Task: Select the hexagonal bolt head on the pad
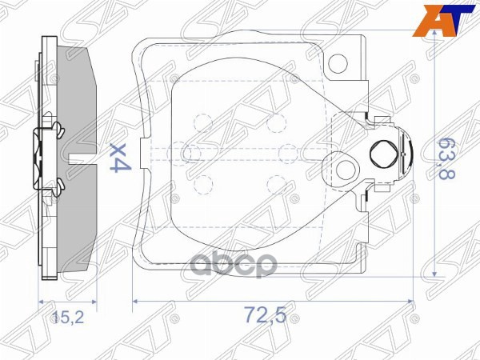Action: pos(382,152)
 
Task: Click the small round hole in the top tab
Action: pos(338,61)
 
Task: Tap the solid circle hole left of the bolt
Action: pos(346,168)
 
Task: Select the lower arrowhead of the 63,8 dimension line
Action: pos(433,272)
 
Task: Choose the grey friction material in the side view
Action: pos(80,96)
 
